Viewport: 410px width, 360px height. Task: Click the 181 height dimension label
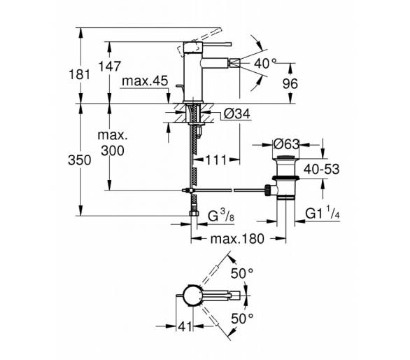(80, 75)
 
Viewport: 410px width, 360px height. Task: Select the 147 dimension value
(110, 67)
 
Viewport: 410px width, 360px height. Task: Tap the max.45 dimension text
(145, 81)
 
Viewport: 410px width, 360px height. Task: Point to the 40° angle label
(265, 63)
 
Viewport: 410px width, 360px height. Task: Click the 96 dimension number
(290, 83)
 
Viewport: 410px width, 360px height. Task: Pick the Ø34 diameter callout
(237, 114)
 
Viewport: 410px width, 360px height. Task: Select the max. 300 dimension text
(113, 143)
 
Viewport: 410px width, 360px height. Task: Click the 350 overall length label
(80, 160)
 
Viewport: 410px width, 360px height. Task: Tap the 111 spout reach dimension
(216, 160)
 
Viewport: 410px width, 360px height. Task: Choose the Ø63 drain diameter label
(286, 144)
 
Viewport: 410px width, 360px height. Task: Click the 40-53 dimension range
(322, 169)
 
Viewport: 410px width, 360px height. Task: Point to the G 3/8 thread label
(221, 216)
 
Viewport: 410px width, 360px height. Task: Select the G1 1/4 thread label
(323, 214)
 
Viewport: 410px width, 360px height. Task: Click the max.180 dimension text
(237, 239)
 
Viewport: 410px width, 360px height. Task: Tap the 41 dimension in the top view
(185, 326)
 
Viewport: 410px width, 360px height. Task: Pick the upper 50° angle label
(242, 274)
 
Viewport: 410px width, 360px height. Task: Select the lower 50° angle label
(242, 319)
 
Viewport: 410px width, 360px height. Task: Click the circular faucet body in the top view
(192, 296)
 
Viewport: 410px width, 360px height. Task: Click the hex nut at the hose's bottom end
(194, 213)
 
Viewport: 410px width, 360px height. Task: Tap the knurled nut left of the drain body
(267, 190)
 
